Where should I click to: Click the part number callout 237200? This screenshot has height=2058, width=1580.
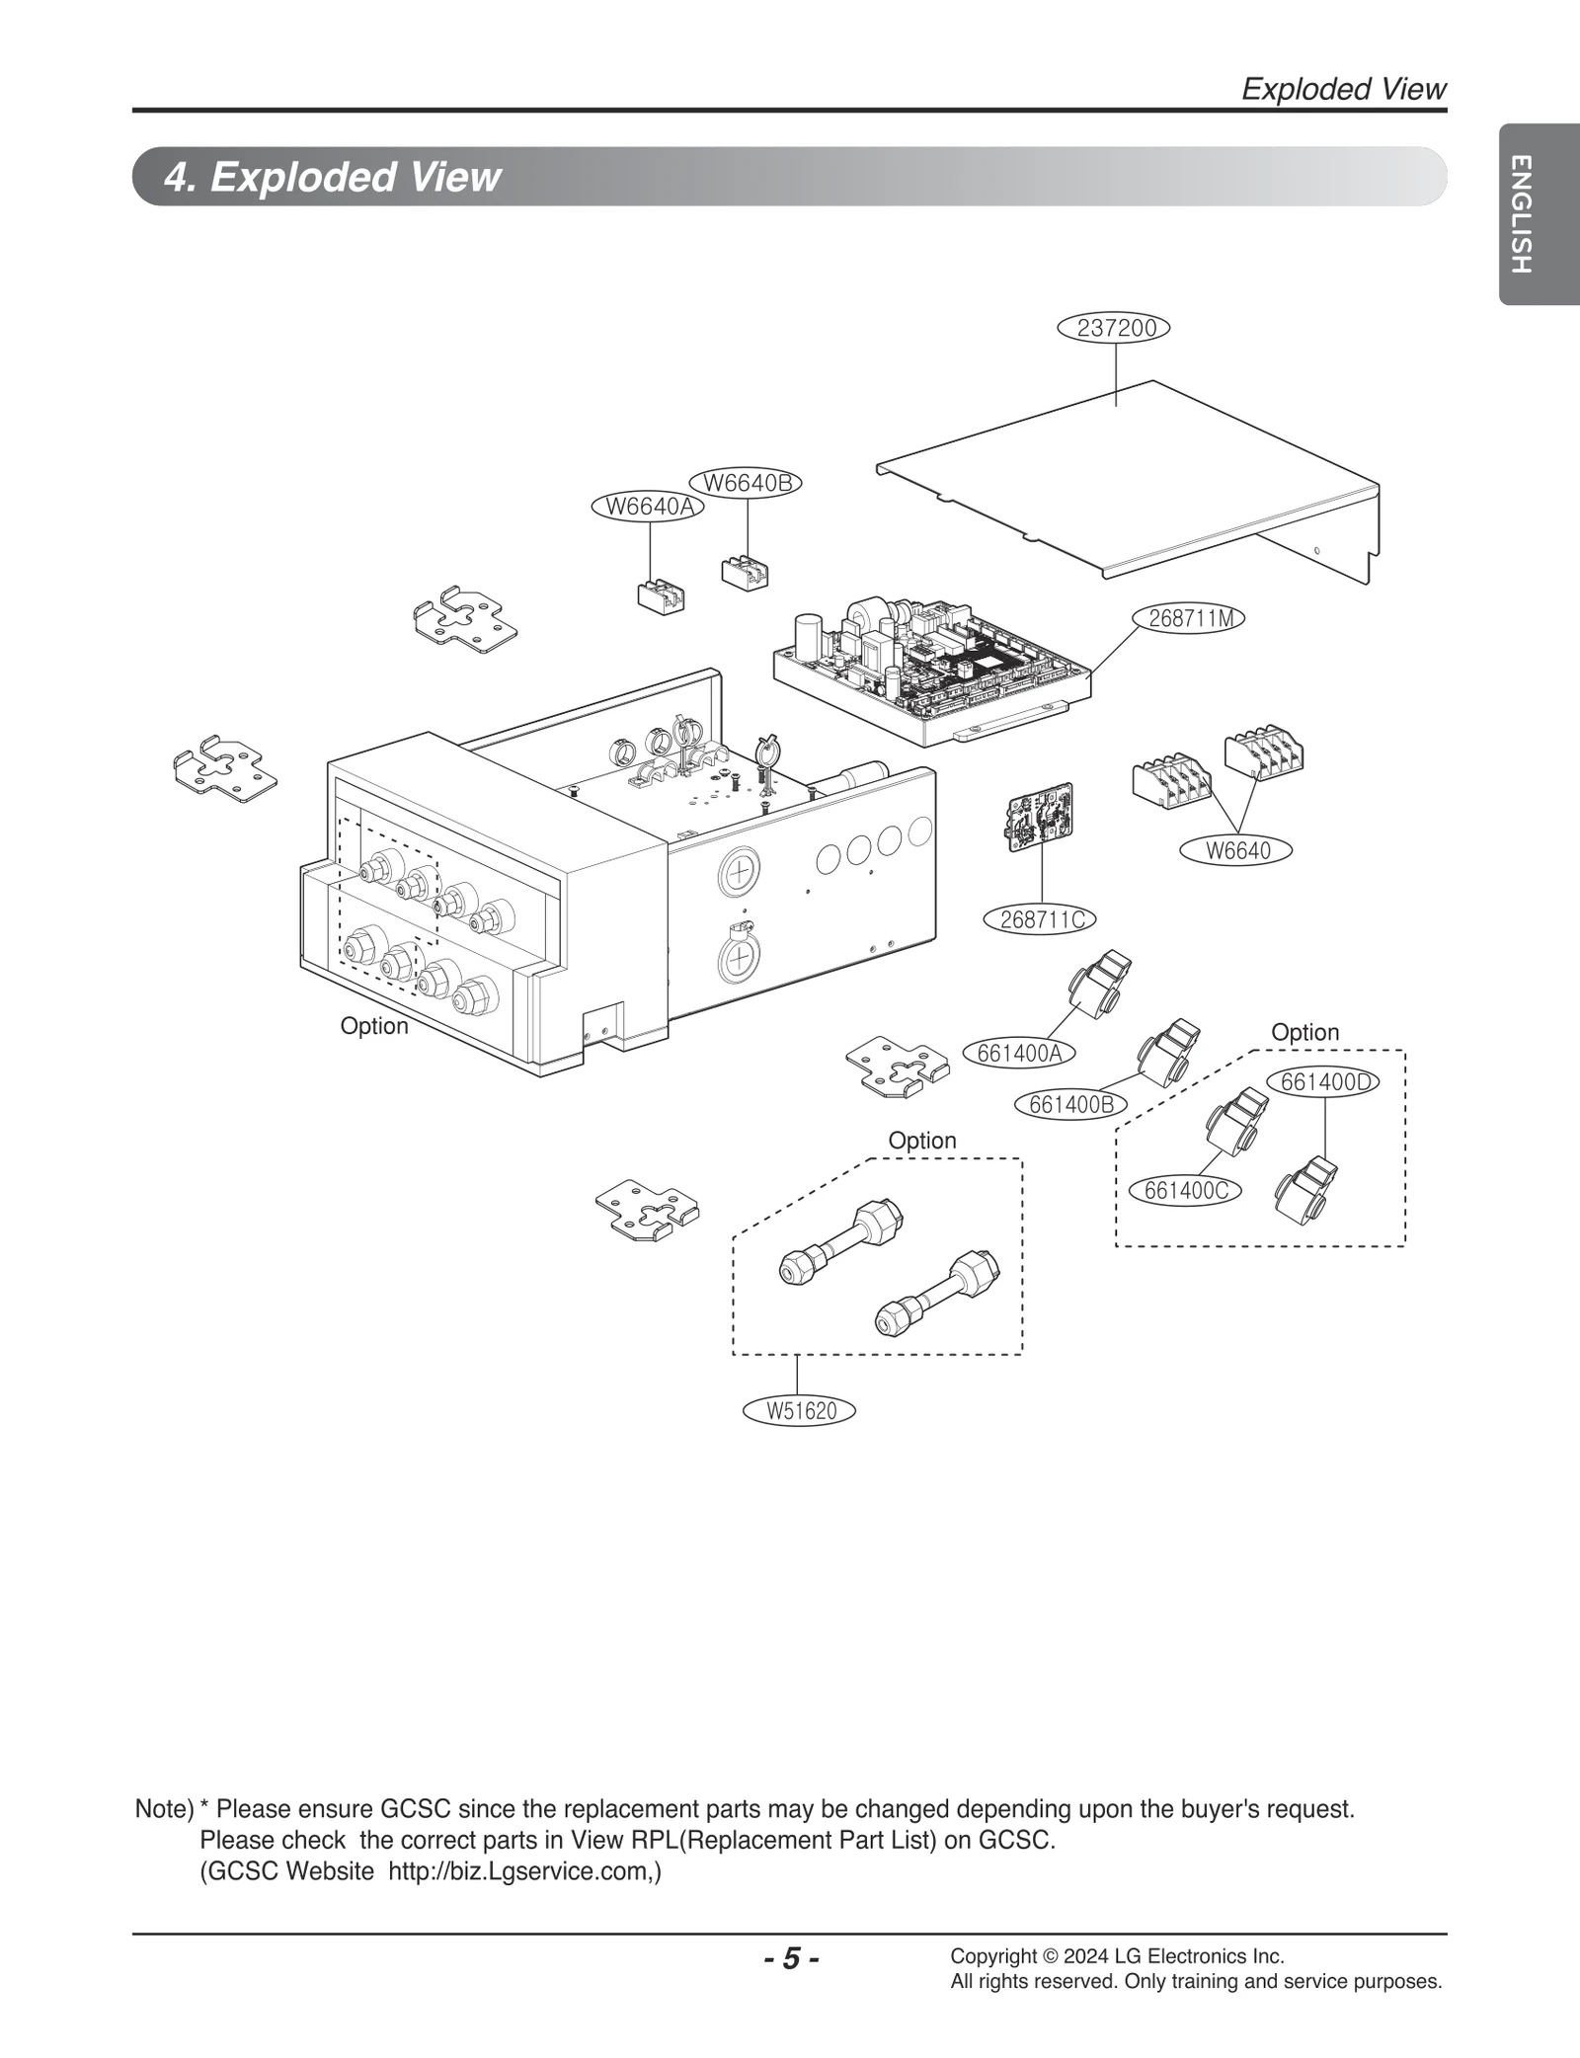click(x=1113, y=328)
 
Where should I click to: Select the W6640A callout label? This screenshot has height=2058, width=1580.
click(x=648, y=507)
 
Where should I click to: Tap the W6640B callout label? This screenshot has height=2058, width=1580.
click(x=747, y=483)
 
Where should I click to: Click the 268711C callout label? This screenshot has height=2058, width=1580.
click(x=1042, y=919)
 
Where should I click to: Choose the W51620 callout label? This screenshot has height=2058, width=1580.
click(x=800, y=1411)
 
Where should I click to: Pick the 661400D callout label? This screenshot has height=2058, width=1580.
click(x=1325, y=1081)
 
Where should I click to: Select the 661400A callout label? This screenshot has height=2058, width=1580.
click(x=1019, y=1053)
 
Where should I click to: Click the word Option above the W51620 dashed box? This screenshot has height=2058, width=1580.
click(x=922, y=1141)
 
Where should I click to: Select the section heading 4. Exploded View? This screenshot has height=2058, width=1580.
click(x=332, y=177)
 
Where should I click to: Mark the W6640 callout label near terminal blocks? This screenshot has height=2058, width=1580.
click(x=1237, y=850)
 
